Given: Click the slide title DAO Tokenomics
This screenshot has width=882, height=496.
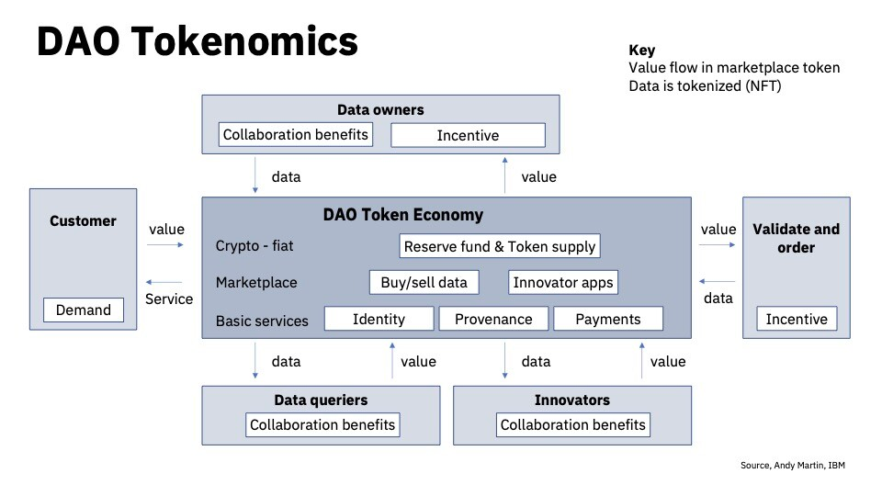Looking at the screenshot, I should click(197, 42).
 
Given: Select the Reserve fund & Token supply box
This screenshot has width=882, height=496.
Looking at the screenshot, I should click(501, 246).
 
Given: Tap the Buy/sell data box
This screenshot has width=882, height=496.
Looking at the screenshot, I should click(424, 282).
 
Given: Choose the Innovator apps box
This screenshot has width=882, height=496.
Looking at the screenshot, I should click(562, 282).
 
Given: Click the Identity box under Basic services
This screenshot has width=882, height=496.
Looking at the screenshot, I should click(379, 319).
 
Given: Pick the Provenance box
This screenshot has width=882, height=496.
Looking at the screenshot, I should click(493, 319).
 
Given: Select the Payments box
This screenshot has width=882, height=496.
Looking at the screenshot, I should click(607, 319).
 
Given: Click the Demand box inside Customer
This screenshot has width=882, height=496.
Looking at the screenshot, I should click(83, 310).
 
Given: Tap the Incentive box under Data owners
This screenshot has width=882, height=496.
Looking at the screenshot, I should click(468, 135).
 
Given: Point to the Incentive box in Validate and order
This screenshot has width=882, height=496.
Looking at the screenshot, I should click(797, 320).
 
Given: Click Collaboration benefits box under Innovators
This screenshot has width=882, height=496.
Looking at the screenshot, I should click(573, 424).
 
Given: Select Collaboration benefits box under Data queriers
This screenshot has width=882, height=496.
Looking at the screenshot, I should click(322, 424).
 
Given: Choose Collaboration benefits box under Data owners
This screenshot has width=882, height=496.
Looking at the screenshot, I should click(295, 134).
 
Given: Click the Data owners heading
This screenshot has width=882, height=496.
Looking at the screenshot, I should click(380, 109).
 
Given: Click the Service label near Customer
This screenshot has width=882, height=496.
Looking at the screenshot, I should click(169, 299).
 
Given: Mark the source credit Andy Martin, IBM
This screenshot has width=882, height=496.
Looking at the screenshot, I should click(792, 466).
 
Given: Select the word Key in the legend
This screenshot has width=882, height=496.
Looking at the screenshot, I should click(641, 51).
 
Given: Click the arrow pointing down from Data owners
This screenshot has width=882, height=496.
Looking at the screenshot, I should click(255, 175).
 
